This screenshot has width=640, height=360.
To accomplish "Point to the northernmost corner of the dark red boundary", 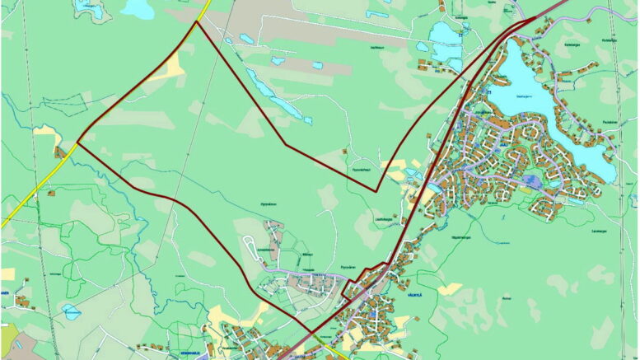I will (x=196, y=22).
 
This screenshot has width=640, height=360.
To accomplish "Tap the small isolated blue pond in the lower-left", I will (x=70, y=311).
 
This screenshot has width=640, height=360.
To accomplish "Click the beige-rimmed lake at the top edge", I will (x=137, y=8).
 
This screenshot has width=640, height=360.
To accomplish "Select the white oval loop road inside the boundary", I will (x=251, y=244).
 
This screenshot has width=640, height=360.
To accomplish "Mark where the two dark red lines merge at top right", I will (x=527, y=21).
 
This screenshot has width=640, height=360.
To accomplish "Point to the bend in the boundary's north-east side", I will (x=285, y=145).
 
